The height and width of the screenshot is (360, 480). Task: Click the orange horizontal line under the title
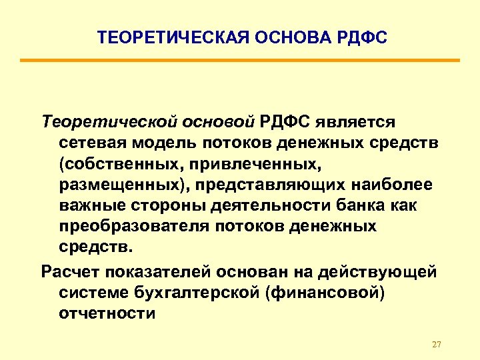point(239,61)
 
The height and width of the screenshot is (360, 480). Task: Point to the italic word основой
point(219,122)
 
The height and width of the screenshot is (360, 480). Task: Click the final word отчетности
point(107,313)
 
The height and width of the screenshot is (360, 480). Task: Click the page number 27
point(437,345)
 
